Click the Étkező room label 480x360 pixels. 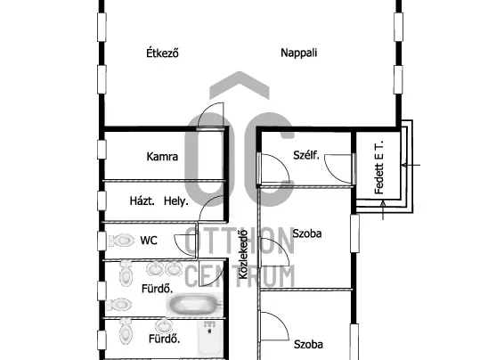point(162,53)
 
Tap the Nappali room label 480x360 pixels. point(299,53)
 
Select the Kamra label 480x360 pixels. point(162,157)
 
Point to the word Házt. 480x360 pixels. point(142,201)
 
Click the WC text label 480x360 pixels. point(149,241)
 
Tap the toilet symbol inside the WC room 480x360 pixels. point(121,241)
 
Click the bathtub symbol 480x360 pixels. point(194,305)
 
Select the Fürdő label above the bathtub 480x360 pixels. point(158,289)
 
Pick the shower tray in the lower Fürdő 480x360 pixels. point(209,338)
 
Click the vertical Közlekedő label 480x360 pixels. point(243,254)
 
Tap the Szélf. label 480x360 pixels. point(306,155)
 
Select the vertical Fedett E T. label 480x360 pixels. point(379,168)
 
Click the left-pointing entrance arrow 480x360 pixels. point(411,166)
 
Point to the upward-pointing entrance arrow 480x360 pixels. point(383,210)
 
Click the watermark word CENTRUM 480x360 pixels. point(240,276)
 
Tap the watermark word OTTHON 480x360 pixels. point(240,242)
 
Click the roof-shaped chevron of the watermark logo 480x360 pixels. point(240,85)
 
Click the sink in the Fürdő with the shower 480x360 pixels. point(164,326)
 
